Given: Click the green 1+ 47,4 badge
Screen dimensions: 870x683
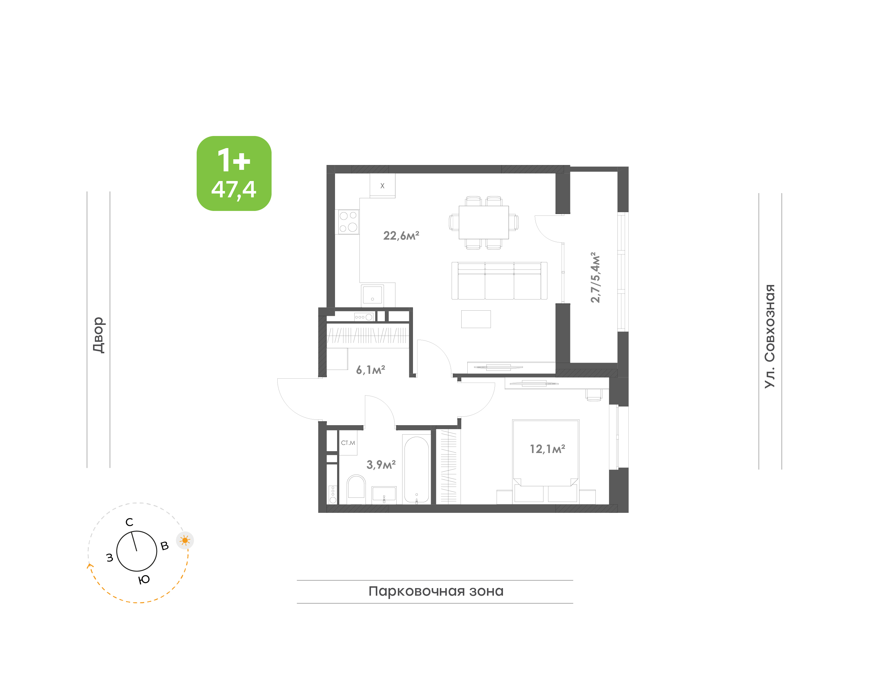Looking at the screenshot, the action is [x=234, y=173].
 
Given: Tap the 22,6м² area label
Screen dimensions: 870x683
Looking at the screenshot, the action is [x=401, y=235].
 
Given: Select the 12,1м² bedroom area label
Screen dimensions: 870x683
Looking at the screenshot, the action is [x=547, y=449].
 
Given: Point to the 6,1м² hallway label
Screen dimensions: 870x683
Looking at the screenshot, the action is [x=370, y=370].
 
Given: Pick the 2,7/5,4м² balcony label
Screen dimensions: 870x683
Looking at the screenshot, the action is [x=595, y=277].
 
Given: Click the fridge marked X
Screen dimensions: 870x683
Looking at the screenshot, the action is [x=382, y=186].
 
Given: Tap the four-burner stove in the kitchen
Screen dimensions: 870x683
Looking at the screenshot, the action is [x=348, y=222].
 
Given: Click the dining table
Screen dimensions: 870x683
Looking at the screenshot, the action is [x=484, y=222].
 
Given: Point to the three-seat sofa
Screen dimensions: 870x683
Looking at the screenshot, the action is [x=499, y=281].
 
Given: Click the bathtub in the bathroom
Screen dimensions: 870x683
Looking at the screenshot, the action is [x=416, y=469].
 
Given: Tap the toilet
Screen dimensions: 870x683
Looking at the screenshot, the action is [x=356, y=489].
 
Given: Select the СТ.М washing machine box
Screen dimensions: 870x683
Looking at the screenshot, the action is [x=348, y=443].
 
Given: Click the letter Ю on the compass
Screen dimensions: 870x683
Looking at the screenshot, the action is [x=144, y=579].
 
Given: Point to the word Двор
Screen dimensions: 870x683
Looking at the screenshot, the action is [x=98, y=335].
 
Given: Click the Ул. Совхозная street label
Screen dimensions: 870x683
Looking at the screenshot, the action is [x=770, y=336].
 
